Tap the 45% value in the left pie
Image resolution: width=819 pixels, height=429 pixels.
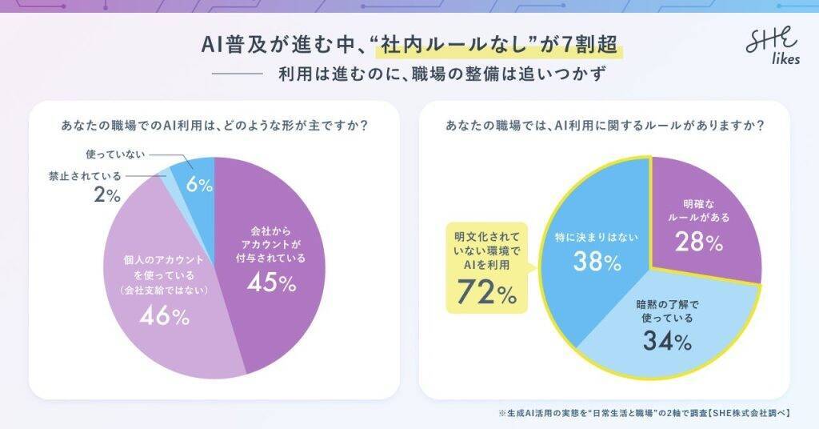click(x=271, y=284)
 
